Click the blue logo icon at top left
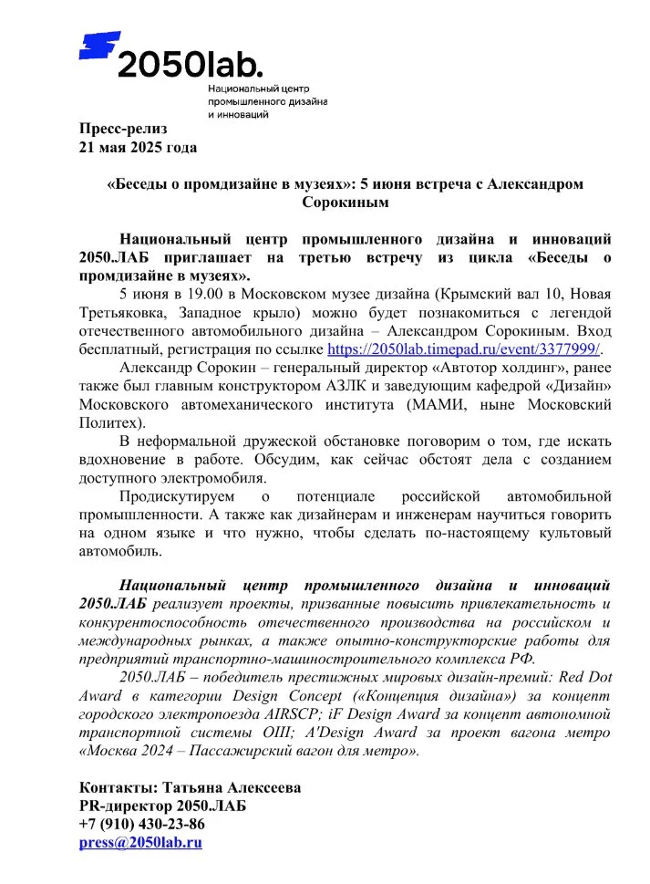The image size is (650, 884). (99, 45)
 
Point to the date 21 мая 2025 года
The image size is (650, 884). (138, 146)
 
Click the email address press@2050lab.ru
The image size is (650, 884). (140, 842)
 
